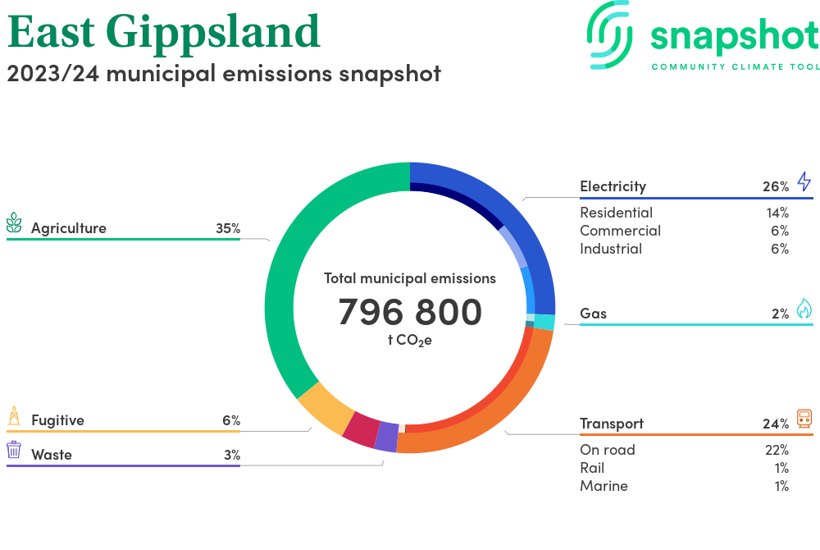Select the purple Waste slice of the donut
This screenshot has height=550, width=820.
coord(385,437)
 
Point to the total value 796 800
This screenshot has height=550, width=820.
coord(410,313)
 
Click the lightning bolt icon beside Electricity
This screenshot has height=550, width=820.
coord(804,181)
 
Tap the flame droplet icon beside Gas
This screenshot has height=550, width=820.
coord(804,309)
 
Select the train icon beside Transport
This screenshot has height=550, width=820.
coord(804,419)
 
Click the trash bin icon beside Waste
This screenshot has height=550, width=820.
coord(14,450)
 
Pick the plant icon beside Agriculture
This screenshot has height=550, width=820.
coord(14,223)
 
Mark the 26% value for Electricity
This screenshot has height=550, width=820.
coord(775,186)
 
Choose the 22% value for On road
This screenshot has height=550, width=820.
coord(776,450)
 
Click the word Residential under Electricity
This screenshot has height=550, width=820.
coord(616,213)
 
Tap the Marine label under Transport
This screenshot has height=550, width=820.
coord(604,486)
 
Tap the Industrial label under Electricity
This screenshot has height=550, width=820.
coord(611,249)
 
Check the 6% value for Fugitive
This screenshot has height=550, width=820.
coord(230,420)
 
